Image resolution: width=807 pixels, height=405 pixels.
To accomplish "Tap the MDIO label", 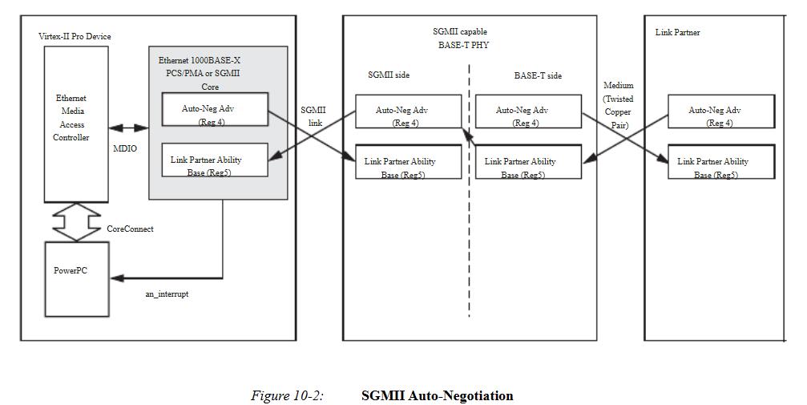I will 125,148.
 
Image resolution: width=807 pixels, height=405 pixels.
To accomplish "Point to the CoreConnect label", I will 130,229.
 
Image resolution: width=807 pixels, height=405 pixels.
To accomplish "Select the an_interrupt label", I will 167,294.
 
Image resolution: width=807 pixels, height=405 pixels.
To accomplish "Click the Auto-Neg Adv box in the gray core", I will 215,110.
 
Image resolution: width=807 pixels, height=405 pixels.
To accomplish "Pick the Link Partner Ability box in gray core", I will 215,160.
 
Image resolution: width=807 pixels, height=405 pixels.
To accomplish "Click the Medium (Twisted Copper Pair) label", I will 617,105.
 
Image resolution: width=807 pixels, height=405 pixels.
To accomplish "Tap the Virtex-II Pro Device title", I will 75,37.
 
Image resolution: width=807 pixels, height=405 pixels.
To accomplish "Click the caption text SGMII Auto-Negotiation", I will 437,395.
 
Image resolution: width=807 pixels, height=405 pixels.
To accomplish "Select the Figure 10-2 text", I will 287,395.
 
